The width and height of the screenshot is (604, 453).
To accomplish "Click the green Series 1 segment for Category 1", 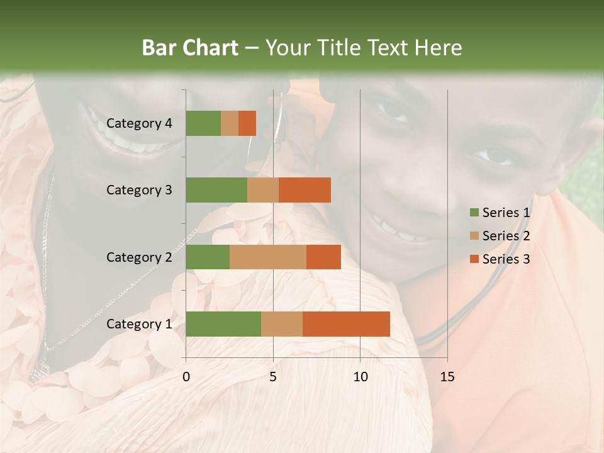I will [x=223, y=324].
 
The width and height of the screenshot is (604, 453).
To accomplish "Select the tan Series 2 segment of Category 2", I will [x=268, y=257].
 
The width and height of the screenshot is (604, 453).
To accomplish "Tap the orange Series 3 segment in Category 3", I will [x=305, y=190].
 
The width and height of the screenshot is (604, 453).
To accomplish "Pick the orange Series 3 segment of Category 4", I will [x=247, y=123].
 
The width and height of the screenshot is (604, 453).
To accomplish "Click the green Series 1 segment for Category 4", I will [x=203, y=123].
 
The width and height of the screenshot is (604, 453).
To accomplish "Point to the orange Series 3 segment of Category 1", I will [x=346, y=324].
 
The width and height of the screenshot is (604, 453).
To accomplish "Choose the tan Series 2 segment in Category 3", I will [x=263, y=190].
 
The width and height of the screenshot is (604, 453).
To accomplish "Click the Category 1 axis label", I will [x=138, y=324].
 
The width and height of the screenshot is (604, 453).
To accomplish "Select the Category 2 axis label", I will [x=138, y=257].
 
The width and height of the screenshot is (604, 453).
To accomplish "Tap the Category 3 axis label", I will [x=138, y=190].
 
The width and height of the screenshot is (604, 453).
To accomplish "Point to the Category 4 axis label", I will [x=138, y=123].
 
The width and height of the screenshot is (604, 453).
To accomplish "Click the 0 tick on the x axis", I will [x=186, y=377].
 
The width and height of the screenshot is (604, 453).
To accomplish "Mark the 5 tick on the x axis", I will [x=273, y=377].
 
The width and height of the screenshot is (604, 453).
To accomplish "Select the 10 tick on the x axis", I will [x=360, y=377].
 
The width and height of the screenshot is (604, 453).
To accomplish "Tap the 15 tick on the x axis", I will [x=447, y=377].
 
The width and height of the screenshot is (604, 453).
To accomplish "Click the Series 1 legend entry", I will [x=500, y=213].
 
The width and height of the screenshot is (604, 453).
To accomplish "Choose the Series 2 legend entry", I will [x=500, y=236].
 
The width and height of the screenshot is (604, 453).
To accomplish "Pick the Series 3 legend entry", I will [x=500, y=259].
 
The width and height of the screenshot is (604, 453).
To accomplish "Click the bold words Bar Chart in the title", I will [x=190, y=47].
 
